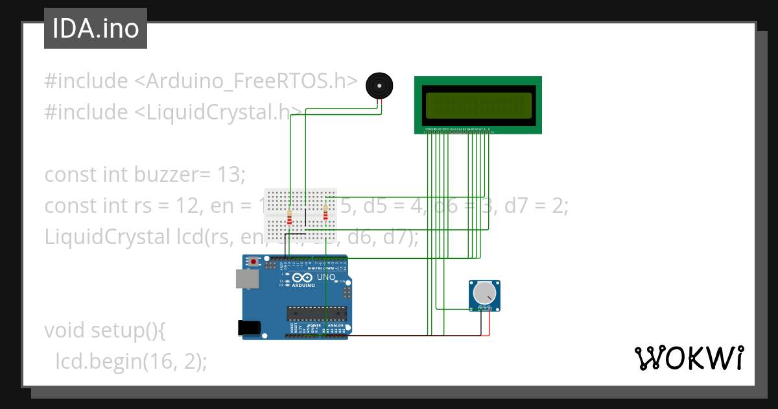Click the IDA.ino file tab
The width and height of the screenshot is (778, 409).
(95, 29)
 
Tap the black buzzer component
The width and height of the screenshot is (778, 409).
(379, 86)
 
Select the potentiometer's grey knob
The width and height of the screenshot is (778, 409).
(484, 293)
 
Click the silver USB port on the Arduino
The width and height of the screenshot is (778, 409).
(247, 279)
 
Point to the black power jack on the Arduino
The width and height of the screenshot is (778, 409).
(250, 328)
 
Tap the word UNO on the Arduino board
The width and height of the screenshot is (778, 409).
(325, 277)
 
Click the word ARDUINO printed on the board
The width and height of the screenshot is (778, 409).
(303, 286)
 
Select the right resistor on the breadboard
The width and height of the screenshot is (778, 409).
(325, 212)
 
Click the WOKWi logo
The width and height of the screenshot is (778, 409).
(688, 358)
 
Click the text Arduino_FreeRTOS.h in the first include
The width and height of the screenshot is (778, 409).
(252, 81)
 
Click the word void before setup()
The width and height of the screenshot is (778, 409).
(63, 330)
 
